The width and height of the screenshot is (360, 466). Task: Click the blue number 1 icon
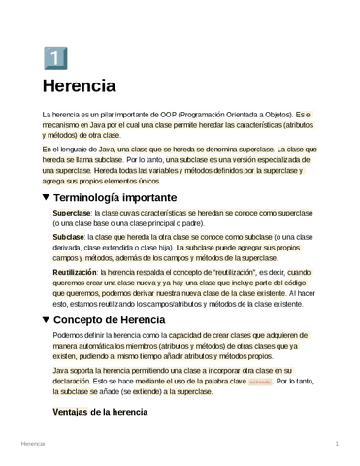pos(55,57)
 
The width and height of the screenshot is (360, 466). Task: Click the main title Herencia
pos(79,86)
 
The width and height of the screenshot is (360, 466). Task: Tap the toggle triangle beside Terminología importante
pos(47,196)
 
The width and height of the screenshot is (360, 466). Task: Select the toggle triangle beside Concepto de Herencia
pos(47,319)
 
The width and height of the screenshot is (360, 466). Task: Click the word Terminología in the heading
pos(95,196)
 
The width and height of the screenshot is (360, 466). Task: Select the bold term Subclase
pos(68,237)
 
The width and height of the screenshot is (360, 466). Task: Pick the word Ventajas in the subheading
pos(69,413)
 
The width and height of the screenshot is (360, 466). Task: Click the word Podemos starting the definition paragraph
pos(69,335)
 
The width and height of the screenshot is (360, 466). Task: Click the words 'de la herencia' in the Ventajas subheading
pos(118,413)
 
